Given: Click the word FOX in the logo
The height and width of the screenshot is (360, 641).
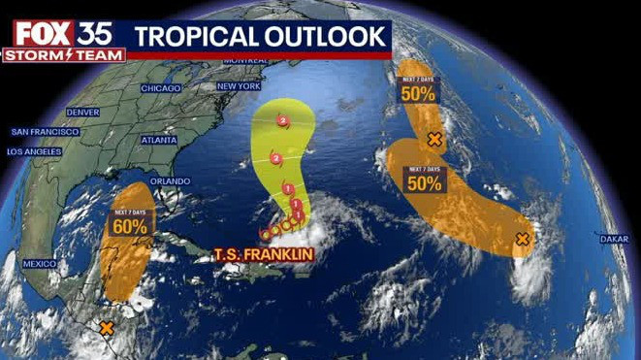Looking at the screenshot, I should coord(41,34).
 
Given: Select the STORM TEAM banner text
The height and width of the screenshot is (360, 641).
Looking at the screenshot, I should coord(63,55).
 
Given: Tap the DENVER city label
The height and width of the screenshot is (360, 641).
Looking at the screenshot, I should coord(83,113).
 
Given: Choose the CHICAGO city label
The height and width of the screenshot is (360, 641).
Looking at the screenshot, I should coord(160,88).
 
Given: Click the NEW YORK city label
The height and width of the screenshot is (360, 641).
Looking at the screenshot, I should coord(240,86).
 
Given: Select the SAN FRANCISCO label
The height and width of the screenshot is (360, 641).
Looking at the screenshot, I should coord(44,131).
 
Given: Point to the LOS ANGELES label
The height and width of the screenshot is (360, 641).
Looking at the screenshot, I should coord(34,152).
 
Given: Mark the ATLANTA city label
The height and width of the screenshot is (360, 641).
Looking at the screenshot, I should coord(158,140).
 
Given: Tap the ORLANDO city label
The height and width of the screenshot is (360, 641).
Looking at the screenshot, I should coord(170,181).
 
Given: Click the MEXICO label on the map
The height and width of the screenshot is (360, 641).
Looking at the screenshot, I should coord(41,264).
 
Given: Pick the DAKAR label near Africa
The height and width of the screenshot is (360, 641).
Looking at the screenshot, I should coord(613,238).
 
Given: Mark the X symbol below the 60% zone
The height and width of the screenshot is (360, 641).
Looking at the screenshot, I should coord(107,328).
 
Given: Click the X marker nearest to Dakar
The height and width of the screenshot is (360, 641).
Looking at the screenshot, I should coord(523,239).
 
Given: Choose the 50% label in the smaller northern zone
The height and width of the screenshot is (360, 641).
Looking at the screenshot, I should coord(420,94).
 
